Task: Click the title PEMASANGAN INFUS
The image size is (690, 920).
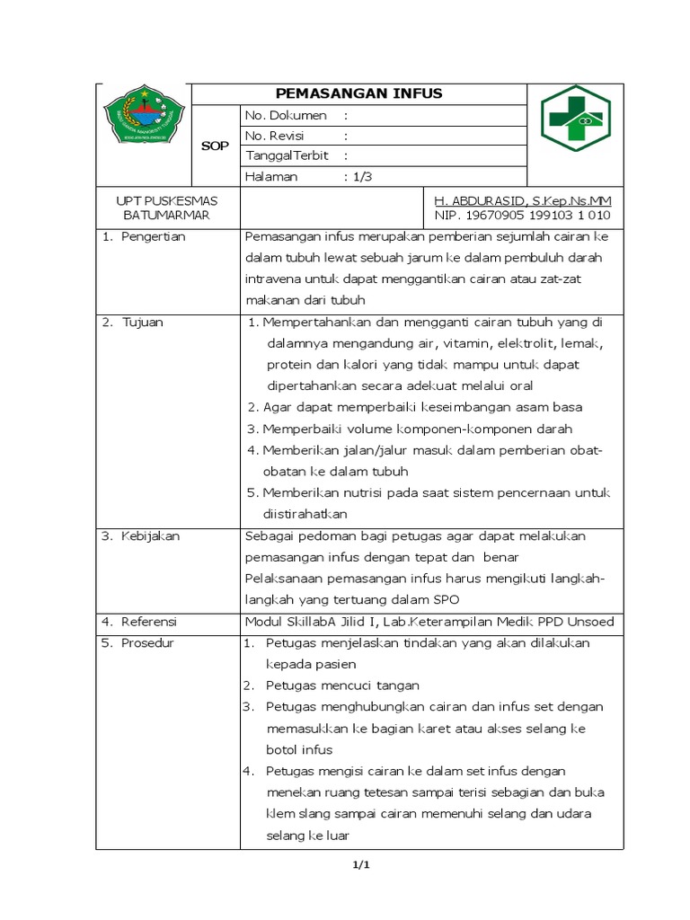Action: (358, 94)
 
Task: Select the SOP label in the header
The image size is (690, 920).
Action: (215, 146)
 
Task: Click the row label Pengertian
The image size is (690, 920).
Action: (153, 237)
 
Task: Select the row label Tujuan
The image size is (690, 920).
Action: (143, 322)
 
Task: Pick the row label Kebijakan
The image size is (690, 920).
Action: (151, 535)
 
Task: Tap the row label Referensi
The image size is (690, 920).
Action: (150, 622)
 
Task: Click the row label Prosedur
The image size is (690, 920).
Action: (148, 643)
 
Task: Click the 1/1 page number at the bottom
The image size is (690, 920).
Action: (359, 865)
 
